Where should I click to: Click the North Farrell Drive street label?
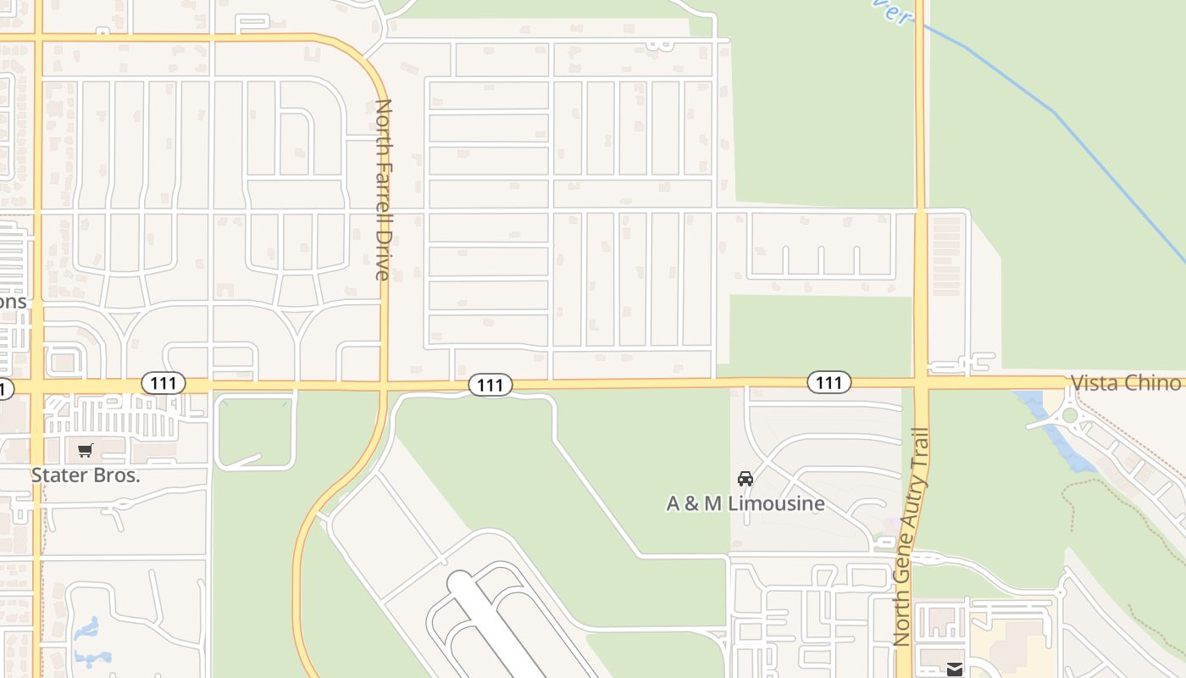pyautogui.click(x=383, y=190)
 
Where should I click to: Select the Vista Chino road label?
pyautogui.click(x=1125, y=382)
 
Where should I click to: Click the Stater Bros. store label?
pyautogui.click(x=85, y=475)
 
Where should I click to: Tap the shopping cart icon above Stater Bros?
pyautogui.click(x=85, y=451)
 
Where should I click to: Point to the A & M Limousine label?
pyautogui.click(x=745, y=503)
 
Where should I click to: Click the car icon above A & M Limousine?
pyautogui.click(x=745, y=479)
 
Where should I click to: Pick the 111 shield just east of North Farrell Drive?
pyautogui.click(x=490, y=385)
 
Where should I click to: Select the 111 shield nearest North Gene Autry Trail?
pyautogui.click(x=829, y=382)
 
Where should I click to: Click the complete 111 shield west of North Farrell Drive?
pyautogui.click(x=163, y=383)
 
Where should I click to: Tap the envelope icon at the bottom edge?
pyautogui.click(x=955, y=670)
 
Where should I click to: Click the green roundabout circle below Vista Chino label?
pyautogui.click(x=1070, y=415)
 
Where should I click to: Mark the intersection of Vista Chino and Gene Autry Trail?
pyautogui.click(x=921, y=382)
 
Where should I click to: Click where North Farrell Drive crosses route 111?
pyautogui.click(x=384, y=386)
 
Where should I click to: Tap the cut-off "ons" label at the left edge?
pyautogui.click(x=12, y=302)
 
